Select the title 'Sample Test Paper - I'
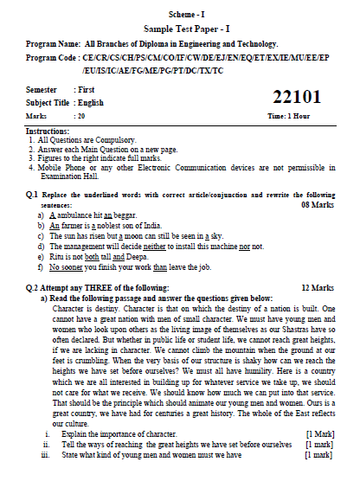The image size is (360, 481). tap(181, 29)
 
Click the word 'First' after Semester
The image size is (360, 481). tap(86, 89)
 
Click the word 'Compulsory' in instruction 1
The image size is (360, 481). tap(106, 138)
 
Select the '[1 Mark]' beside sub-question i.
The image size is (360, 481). tap(319, 433)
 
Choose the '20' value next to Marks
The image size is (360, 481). tap(80, 114)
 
